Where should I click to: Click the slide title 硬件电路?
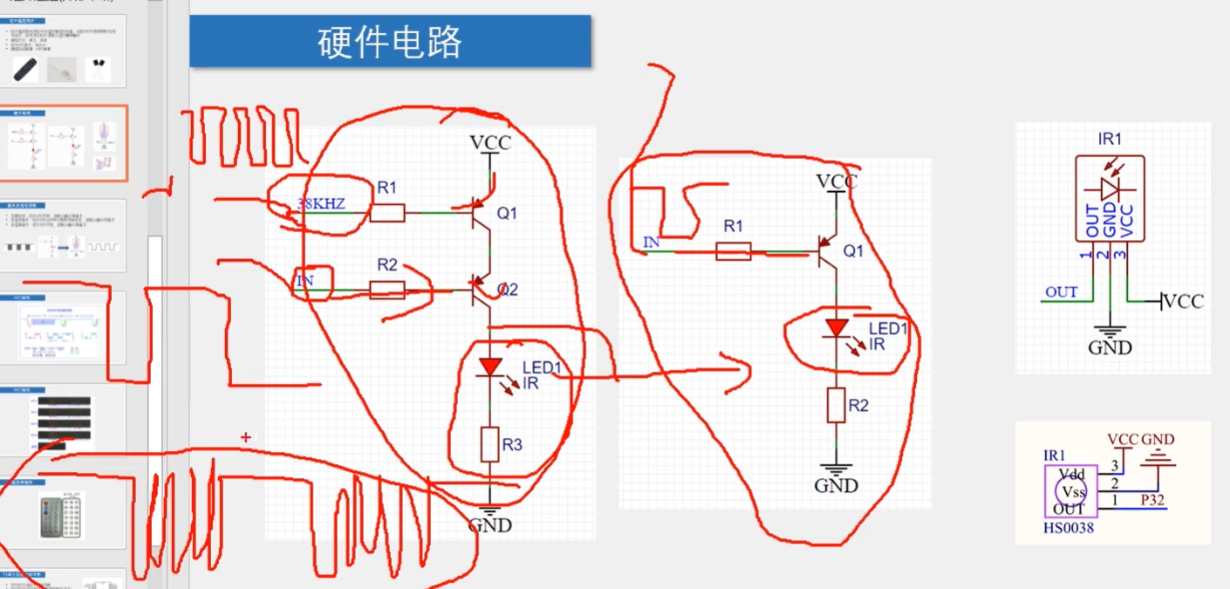[389, 41]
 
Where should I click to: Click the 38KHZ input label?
[321, 204]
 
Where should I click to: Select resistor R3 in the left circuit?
[489, 444]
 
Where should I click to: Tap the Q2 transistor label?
[507, 290]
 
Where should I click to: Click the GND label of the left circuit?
[489, 525]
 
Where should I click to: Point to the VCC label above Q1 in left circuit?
[490, 142]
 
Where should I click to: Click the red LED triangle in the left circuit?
[489, 367]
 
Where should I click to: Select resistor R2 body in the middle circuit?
[837, 406]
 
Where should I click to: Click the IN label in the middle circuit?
[651, 242]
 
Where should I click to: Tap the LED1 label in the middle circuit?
[888, 329]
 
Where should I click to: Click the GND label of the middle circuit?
[837, 486]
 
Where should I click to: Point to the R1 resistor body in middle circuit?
[733, 252]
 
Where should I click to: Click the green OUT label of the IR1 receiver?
[1061, 292]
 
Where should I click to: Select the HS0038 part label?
[1069, 528]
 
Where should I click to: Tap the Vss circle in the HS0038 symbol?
[1073, 492]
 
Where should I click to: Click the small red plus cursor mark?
[246, 436]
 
